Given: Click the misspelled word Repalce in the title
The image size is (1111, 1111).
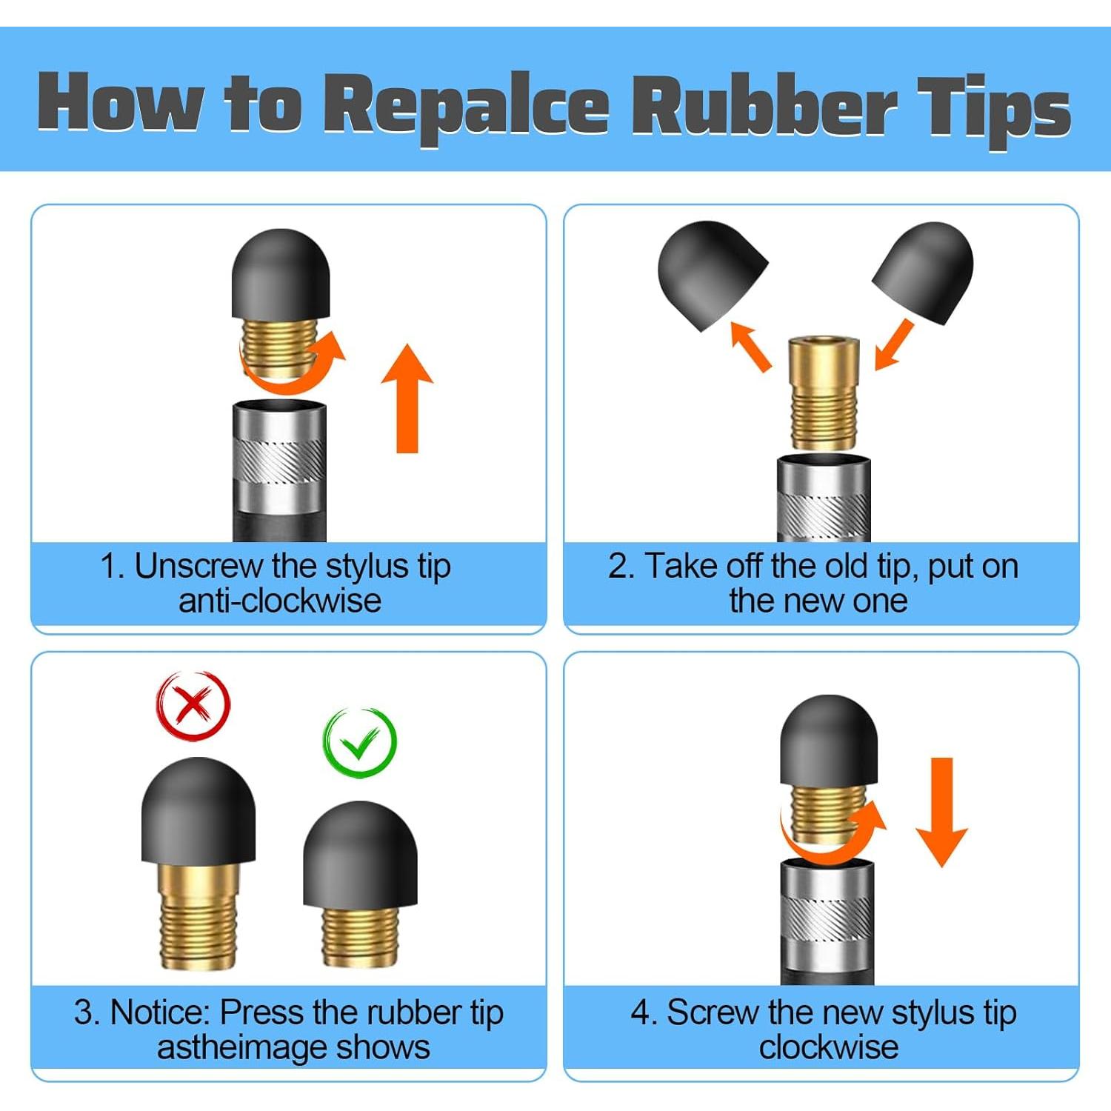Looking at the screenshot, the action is click(467, 107).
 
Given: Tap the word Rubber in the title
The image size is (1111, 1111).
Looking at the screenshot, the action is click(764, 104).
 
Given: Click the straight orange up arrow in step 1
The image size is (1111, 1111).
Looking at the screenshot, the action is click(407, 398).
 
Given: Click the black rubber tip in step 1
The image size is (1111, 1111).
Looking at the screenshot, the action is click(281, 273).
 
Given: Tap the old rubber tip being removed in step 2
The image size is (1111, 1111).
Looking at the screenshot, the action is click(712, 275).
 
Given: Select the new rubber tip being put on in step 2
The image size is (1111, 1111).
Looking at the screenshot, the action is click(923, 273).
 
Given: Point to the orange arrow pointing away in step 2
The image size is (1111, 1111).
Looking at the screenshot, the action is click(750, 346).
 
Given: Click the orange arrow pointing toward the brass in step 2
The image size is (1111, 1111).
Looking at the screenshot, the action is click(894, 344).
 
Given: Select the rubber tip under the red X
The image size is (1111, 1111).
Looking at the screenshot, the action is click(198, 811).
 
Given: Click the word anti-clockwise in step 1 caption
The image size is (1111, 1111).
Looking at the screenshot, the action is click(280, 601).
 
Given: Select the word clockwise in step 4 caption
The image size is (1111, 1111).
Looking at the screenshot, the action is click(829, 1047).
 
